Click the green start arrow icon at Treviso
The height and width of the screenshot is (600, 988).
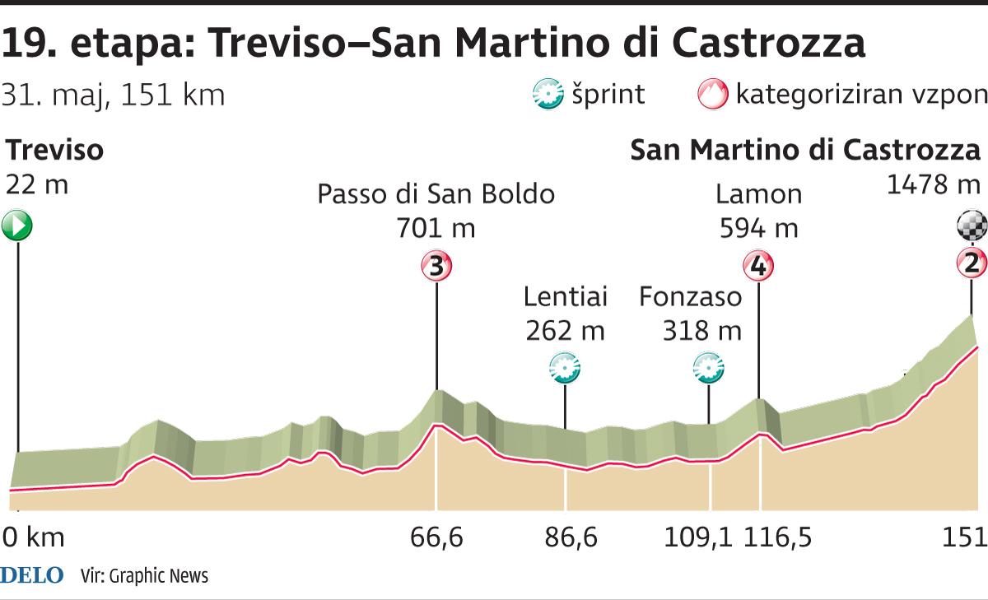tap(16, 226)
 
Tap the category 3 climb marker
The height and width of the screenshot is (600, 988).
tap(436, 267)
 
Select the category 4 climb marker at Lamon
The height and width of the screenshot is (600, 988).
tap(759, 267)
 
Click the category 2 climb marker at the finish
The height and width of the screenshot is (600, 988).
tap(972, 264)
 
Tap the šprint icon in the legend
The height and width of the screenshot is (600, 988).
tap(548, 95)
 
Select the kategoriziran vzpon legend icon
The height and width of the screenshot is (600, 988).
tap(713, 95)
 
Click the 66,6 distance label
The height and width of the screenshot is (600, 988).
tap(436, 538)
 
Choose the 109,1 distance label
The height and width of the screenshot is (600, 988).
tap(700, 538)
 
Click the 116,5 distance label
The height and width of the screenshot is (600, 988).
tap(778, 538)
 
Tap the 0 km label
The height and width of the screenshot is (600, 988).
tap(33, 538)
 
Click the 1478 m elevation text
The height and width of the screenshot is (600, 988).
tap(934, 184)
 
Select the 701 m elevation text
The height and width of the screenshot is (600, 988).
tap(436, 227)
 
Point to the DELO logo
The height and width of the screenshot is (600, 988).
tap(32, 575)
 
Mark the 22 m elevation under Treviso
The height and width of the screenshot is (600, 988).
tap(36, 184)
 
